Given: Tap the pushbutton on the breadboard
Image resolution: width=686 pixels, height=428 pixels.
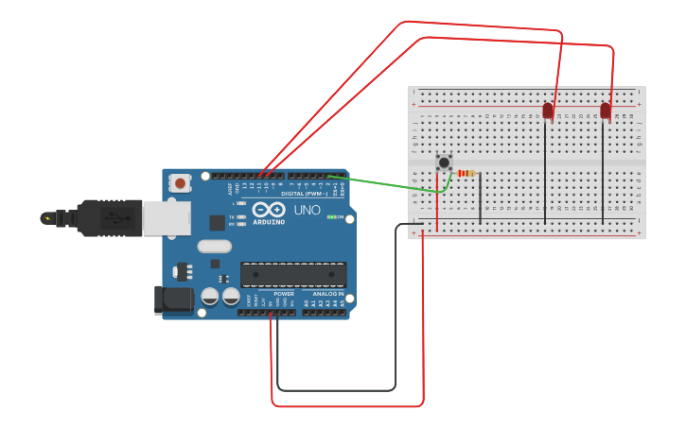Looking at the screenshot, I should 444,163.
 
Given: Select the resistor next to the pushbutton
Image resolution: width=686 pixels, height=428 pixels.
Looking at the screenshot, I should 466,173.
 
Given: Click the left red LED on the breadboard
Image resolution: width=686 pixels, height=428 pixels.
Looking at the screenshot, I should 547,111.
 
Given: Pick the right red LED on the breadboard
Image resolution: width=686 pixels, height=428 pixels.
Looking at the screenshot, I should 606,111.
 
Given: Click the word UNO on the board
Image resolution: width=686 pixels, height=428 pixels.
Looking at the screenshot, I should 308,210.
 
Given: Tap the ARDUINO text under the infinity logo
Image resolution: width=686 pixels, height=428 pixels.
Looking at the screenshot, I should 268,224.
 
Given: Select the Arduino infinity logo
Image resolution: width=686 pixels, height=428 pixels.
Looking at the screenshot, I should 268,210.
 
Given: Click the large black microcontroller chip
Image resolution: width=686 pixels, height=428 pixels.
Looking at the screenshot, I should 292,275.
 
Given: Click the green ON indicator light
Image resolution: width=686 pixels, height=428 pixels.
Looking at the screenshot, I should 331,216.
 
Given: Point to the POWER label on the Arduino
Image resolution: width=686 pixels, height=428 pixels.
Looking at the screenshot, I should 283,294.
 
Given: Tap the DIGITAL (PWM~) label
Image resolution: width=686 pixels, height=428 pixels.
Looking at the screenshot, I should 304,193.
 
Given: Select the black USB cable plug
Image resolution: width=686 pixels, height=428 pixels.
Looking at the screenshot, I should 109,217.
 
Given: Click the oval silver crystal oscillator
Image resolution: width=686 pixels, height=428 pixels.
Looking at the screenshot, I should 215,247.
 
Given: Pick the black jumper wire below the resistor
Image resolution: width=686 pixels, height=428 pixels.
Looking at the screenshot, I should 480,200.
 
